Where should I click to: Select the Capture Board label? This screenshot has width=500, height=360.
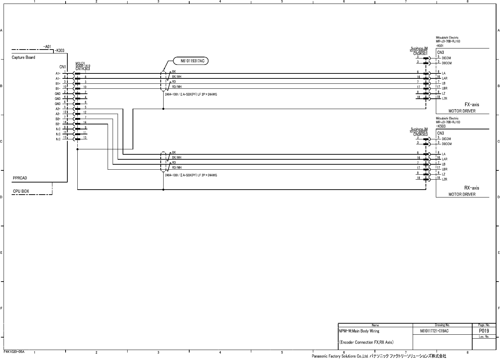coord(24,57)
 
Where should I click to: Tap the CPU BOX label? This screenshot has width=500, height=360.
coord(21,191)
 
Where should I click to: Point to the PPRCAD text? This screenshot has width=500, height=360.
coord(20,178)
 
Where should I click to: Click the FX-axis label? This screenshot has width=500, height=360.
coord(471,105)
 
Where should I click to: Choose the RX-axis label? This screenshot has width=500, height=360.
coord(471,188)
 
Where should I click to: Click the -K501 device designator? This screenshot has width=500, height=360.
coord(440,46)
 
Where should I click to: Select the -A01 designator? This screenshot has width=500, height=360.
coord(47,47)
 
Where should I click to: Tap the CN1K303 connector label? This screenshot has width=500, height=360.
coord(83,69)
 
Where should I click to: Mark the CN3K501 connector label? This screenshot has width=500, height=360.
coord(420,54)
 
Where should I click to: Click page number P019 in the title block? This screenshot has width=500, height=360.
coord(484,331)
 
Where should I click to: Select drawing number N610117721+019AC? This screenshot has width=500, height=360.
coord(434,331)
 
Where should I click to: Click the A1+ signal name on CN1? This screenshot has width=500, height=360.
coord(58,73)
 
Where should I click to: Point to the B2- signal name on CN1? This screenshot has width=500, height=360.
coord(58,124)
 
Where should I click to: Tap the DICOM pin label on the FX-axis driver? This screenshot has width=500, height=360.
coord(446,58)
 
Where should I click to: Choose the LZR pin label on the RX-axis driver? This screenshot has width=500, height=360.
coord(444,180)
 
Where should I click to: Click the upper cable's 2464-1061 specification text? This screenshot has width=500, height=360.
coord(191,94)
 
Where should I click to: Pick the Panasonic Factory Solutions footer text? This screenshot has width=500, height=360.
coord(378,356)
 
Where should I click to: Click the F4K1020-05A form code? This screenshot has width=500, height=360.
coord(14,352)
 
